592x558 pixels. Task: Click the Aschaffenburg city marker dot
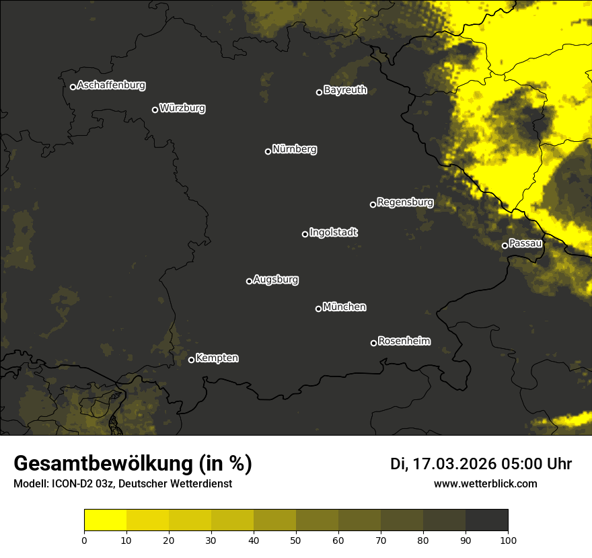[x=73, y=87]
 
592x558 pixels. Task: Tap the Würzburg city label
[x=182, y=108]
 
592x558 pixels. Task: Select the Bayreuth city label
[x=345, y=90]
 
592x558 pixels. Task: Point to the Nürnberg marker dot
[x=268, y=151]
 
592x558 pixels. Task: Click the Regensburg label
[x=405, y=202]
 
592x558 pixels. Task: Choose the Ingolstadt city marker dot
[x=305, y=234]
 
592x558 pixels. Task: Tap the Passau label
[x=525, y=243]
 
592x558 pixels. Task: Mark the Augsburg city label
[x=276, y=280]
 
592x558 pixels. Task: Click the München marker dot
[x=318, y=309]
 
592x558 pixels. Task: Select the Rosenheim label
[x=404, y=342]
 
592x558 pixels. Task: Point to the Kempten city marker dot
[x=191, y=360]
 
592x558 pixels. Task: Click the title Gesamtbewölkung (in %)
[x=133, y=464]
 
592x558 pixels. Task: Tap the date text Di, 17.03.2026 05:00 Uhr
[x=481, y=464]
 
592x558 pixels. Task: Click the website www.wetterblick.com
[x=485, y=483]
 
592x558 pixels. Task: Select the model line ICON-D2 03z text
[x=122, y=484]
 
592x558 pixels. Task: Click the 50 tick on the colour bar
[x=296, y=539]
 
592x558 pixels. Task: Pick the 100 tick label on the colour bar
[x=507, y=539]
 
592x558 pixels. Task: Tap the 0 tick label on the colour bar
[x=84, y=539]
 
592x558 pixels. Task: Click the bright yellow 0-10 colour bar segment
[x=105, y=520]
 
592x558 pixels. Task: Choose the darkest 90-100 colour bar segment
[x=486, y=520]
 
